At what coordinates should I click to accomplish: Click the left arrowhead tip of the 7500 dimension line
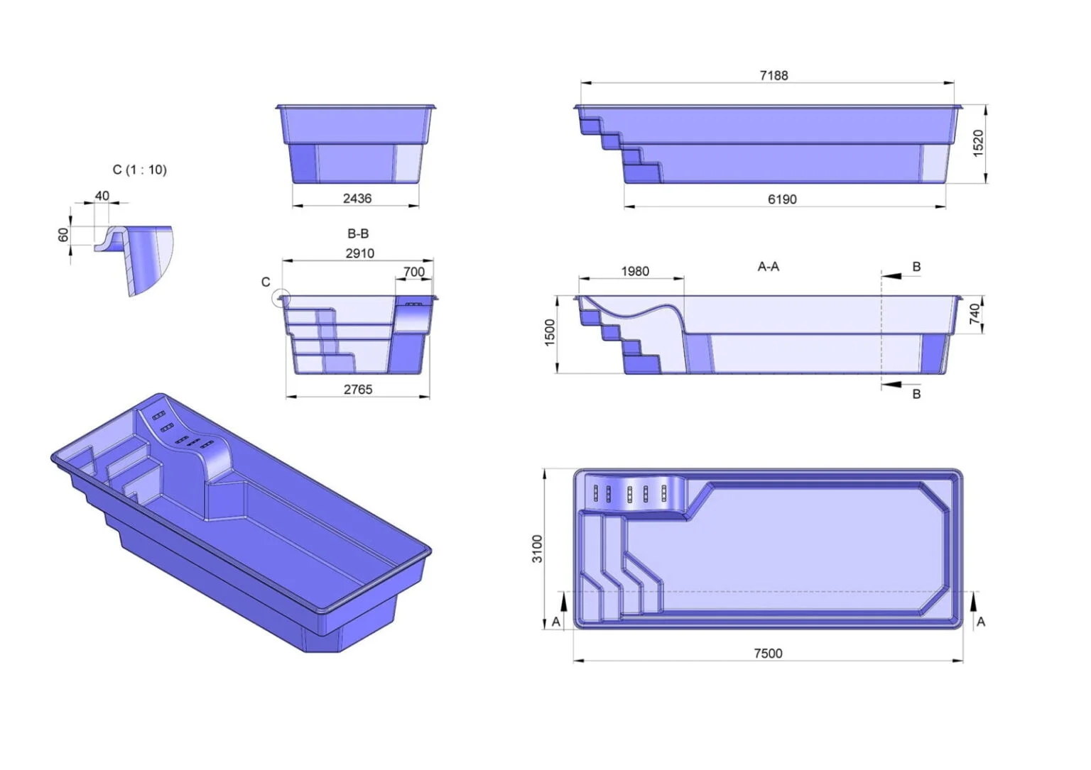coord(574,661)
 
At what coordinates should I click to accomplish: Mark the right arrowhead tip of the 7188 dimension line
coord(954,83)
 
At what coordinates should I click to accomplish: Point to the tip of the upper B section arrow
coord(881,276)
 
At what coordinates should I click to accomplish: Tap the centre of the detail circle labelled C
coord(281,297)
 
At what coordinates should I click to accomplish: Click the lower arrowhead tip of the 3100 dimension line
coord(545,629)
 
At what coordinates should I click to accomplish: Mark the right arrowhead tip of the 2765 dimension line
coord(429,397)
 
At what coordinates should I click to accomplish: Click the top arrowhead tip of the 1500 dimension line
coord(557,296)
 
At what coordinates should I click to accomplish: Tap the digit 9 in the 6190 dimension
coord(786,199)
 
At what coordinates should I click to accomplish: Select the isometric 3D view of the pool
coord(241,523)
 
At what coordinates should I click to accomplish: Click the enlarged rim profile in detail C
coord(134,260)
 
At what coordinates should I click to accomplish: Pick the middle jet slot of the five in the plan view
coord(630,494)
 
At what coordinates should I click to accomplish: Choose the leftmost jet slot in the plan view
coord(596,493)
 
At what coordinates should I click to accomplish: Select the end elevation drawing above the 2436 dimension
coord(356,144)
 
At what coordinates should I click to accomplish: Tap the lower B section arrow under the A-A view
coord(892,385)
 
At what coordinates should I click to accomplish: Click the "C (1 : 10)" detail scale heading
coord(140,170)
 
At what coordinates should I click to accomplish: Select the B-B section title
coord(358,233)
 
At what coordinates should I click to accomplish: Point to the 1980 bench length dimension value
coord(635,271)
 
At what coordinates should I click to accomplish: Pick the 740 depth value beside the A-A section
coord(974,314)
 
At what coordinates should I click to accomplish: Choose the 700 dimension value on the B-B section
coord(414,272)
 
